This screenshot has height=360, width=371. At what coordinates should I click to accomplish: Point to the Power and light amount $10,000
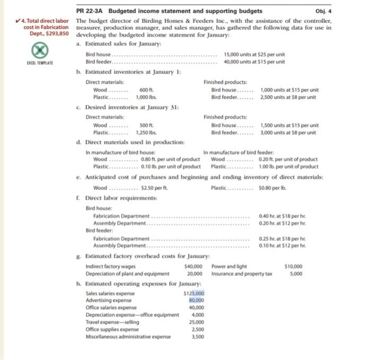tap(293, 266)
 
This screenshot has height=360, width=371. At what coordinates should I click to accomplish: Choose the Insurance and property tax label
tap(241, 273)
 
